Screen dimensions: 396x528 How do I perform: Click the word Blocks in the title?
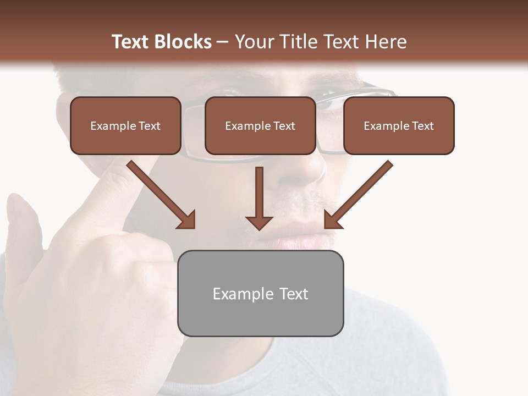(183, 42)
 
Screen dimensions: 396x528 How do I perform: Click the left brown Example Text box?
(125, 125)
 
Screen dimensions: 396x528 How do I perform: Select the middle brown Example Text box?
(260, 125)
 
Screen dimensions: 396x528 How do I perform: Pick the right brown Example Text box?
(399, 125)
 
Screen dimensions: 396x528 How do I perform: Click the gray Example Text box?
(260, 293)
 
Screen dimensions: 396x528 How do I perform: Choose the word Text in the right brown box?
(422, 126)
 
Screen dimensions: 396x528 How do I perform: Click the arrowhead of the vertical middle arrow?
(260, 222)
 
